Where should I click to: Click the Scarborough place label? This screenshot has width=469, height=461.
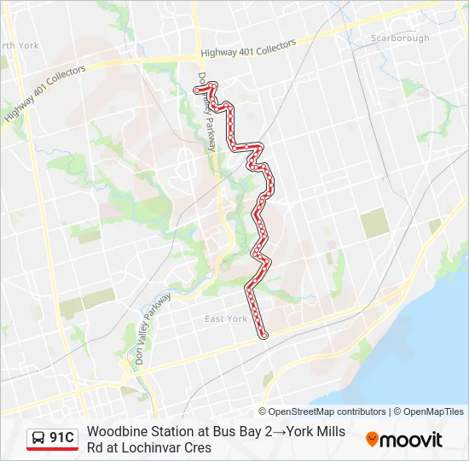[x=400, y=38]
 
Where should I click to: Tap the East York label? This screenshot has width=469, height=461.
[x=226, y=318]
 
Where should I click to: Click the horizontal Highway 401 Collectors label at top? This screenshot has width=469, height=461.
[x=248, y=49]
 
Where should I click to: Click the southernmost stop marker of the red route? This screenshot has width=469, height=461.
[x=263, y=336]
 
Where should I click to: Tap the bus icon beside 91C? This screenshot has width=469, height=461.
[x=38, y=439]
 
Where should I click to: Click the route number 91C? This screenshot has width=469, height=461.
[x=61, y=439]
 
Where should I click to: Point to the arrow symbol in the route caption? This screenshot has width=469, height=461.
[x=279, y=431]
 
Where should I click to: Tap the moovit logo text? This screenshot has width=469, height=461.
[x=411, y=440]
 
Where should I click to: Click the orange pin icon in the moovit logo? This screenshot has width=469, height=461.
[x=372, y=439]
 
